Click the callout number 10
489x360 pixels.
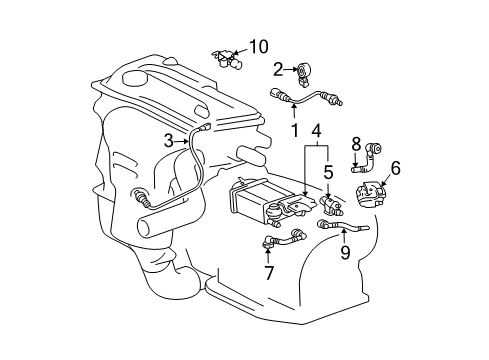click(x=259, y=46)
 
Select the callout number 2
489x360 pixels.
click(x=277, y=68)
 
